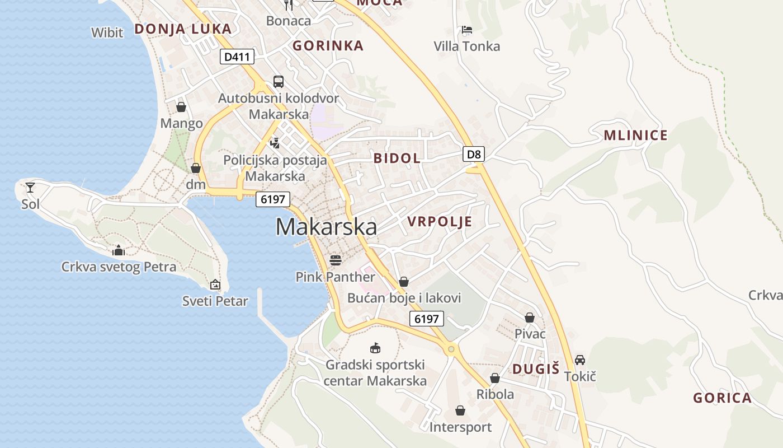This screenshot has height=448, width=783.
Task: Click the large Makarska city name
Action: pos(326,227)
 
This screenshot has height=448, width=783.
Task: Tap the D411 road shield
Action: pos(237,57)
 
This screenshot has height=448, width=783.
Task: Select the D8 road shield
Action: pos(474,154)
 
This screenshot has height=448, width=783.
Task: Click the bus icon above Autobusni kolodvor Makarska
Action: pos(279,82)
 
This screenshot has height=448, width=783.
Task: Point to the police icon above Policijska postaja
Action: pos(275,143)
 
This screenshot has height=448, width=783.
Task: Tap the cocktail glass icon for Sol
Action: pos(30,188)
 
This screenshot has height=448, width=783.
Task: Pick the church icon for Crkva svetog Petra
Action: pos(119,250)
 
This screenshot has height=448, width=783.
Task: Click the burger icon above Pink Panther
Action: pos(336,260)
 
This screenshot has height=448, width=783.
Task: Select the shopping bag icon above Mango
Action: pos(181,106)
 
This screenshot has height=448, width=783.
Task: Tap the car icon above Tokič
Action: pos(580,360)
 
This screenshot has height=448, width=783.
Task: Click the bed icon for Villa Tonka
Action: pos(467,30)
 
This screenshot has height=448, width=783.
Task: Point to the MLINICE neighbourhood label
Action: pos(635,135)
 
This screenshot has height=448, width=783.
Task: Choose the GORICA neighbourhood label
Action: pos(722,398)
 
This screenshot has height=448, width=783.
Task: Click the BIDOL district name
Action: pos(397,158)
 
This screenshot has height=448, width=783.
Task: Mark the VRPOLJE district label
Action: pos(440,221)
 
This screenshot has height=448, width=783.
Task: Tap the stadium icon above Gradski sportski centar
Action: pos(375,348)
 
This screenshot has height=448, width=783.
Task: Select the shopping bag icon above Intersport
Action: pos(460,411)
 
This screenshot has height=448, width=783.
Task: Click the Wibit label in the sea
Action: pos(107,32)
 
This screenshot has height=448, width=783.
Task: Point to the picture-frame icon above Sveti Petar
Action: pos(215,284)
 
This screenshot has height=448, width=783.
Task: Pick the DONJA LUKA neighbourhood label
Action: pos(183,29)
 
